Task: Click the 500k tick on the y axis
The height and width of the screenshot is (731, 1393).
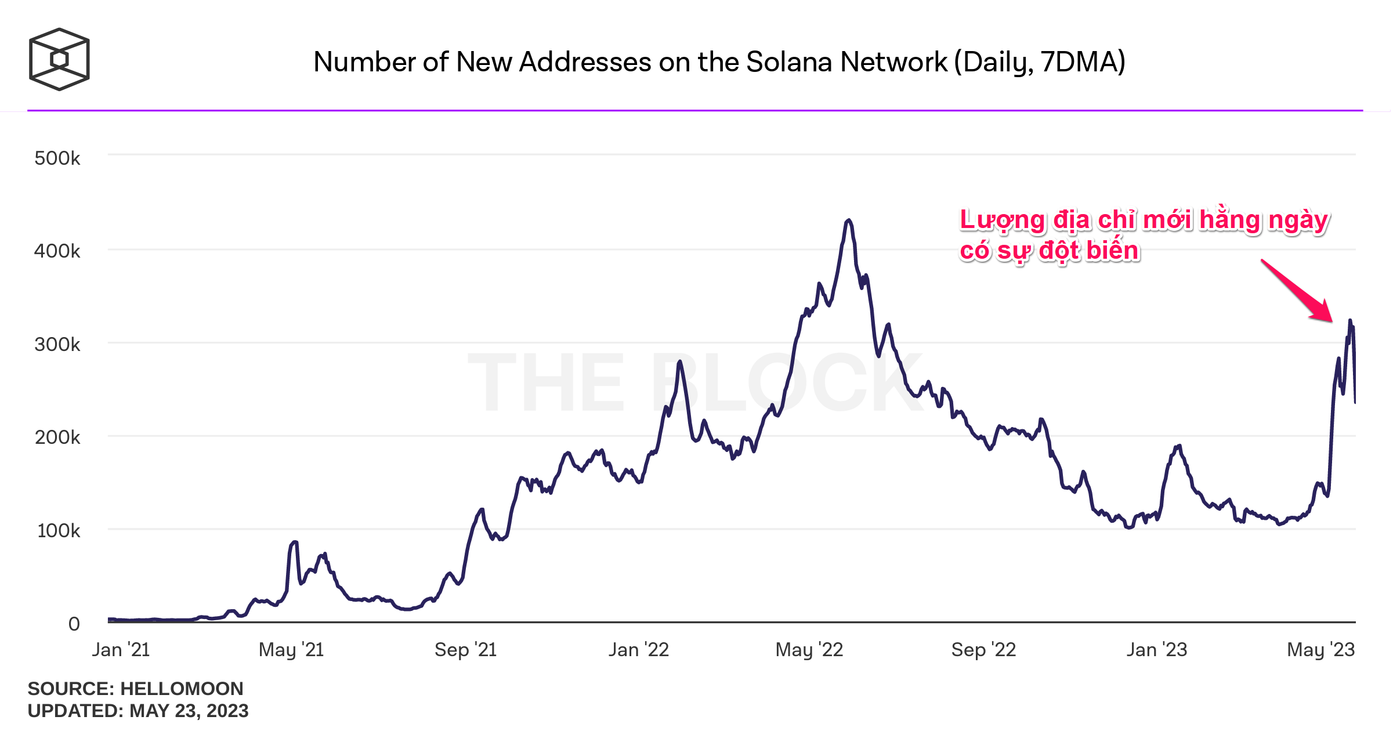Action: (57, 158)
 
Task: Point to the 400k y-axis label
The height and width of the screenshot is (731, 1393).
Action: (57, 251)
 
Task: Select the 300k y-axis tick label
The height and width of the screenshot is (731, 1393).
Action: (57, 345)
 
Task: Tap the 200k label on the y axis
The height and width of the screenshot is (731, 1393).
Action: (57, 437)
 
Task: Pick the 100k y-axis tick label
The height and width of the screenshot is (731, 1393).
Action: (59, 531)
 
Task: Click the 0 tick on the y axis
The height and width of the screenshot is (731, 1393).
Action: (74, 624)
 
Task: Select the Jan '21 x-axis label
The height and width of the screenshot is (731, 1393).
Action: (121, 650)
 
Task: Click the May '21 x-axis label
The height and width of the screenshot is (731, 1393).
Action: (291, 650)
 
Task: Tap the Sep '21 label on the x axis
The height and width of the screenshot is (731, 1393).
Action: (466, 650)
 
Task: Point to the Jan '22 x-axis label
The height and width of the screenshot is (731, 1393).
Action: (639, 650)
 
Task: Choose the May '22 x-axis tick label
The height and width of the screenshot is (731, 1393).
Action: (809, 650)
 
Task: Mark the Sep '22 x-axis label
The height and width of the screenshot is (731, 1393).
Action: (984, 650)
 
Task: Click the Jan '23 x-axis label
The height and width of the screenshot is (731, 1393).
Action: (1157, 650)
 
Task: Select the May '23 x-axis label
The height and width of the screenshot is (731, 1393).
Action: (1321, 650)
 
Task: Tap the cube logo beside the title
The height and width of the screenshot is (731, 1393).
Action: (59, 59)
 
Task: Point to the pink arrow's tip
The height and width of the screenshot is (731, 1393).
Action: (1332, 321)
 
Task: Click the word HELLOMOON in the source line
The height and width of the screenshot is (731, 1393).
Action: (182, 689)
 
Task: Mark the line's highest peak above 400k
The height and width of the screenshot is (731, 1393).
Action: (849, 220)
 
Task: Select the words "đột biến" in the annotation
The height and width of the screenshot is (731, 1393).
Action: (1089, 251)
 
